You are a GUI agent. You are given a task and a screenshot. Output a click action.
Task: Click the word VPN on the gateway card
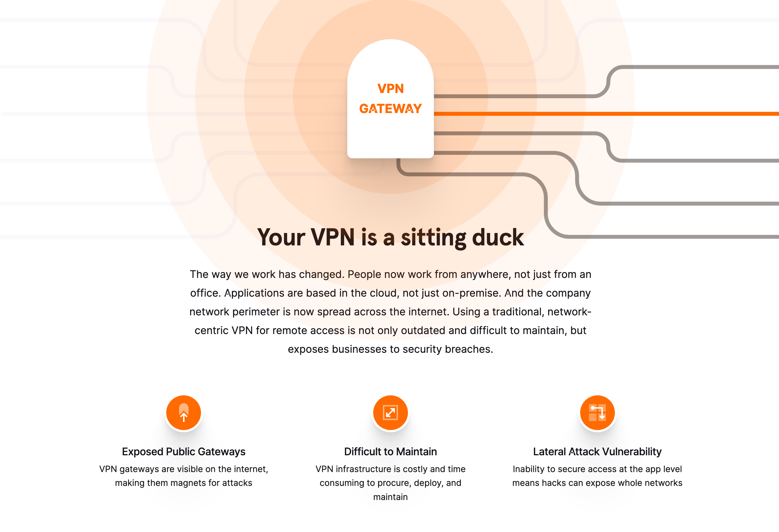pyautogui.click(x=391, y=89)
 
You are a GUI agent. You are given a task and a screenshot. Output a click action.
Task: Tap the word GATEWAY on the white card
pyautogui.click(x=391, y=108)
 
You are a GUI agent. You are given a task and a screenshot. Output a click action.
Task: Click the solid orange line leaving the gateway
pyautogui.click(x=606, y=114)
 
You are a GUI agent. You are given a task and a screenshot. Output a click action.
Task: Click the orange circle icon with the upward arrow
pyautogui.click(x=184, y=413)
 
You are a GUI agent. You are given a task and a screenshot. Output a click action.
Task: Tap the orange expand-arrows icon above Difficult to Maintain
pyautogui.click(x=391, y=413)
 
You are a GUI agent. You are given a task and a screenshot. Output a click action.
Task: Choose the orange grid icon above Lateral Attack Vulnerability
pyautogui.click(x=597, y=413)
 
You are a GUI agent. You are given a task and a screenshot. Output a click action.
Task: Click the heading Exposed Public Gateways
pyautogui.click(x=184, y=451)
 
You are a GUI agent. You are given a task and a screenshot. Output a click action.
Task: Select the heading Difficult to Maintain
pyautogui.click(x=391, y=451)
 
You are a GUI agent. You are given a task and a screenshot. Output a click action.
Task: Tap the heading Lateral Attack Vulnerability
pyautogui.click(x=597, y=451)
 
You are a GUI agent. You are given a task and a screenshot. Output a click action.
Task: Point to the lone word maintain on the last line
pyautogui.click(x=391, y=497)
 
